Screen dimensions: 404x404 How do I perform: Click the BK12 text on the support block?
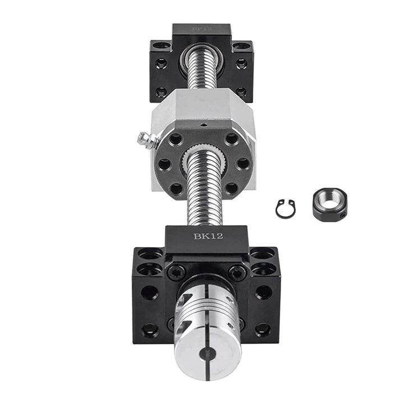pos(208,236)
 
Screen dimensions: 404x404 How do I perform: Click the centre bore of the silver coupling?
pos(208,354)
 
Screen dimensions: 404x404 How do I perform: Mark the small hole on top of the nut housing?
pos(204,125)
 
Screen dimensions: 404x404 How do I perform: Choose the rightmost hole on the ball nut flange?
pos(243,164)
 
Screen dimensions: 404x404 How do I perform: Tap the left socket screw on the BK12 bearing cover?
pos(176,273)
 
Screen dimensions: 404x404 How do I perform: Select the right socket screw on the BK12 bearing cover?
pos(237,273)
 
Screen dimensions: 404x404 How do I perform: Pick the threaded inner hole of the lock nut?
pos(328,200)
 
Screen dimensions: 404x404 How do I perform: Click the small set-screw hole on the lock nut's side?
pos(343,214)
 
